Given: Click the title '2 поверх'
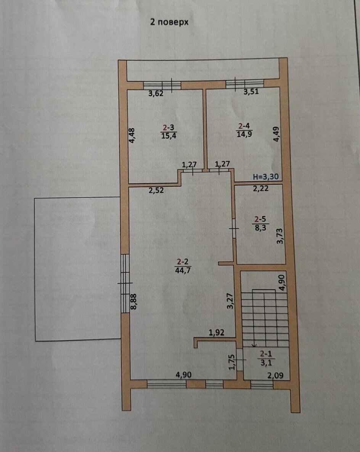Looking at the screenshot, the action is tap(169, 22).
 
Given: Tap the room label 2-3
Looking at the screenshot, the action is tap(169, 128).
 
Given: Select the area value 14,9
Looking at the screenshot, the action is tap(244, 134).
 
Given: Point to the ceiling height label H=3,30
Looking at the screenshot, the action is tap(266, 177).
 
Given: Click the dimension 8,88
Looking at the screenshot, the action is tap(133, 302).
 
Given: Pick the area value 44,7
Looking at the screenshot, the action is tap(183, 270).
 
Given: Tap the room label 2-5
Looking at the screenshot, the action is tap(260, 220).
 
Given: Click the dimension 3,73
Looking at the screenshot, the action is tap(280, 236).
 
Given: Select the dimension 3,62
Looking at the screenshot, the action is tap(156, 94).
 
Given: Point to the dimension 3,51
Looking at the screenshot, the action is tap(251, 92).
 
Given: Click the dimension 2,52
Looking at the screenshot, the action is tap(156, 190).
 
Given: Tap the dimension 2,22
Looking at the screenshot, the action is tap(260, 189).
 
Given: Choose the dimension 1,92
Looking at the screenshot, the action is tap(216, 333).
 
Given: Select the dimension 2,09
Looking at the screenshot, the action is tap(275, 375).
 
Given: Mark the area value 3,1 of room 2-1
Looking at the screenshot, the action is tap(266, 362).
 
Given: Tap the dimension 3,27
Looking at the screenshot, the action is tap(230, 301).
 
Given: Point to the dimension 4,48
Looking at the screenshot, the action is tap(132, 136).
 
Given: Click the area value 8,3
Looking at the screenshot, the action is tap(260, 228).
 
